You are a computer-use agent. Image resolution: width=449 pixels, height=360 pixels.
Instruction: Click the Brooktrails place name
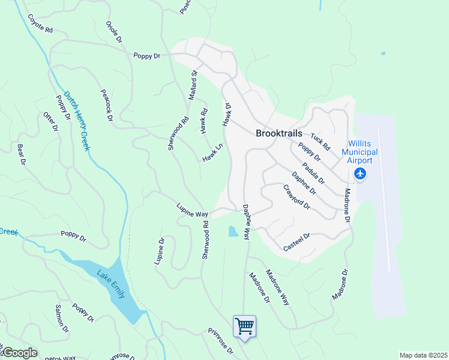pyautogui.click(x=279, y=133)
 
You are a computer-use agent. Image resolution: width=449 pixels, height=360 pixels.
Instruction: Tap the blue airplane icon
pyautogui.click(x=360, y=174)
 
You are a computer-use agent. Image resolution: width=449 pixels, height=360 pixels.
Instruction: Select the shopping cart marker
pyautogui.click(x=244, y=326)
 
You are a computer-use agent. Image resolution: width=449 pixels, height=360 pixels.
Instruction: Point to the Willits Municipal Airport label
pyautogui.click(x=360, y=153)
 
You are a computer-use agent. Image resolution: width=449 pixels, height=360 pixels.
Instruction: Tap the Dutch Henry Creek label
pyautogui.click(x=77, y=120)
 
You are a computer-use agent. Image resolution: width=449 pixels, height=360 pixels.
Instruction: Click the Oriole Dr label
pyautogui.click(x=113, y=34)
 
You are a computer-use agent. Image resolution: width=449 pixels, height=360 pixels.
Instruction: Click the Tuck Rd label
pyautogui.click(x=321, y=142)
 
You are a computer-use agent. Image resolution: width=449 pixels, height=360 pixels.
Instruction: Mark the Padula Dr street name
pyautogui.click(x=313, y=173)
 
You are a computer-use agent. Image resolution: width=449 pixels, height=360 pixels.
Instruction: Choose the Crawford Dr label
pyautogui.click(x=297, y=197)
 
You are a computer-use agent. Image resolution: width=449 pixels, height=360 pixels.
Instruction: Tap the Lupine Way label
pyautogui.click(x=191, y=210)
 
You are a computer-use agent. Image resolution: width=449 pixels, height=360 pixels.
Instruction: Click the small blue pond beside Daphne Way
pyautogui.click(x=233, y=231)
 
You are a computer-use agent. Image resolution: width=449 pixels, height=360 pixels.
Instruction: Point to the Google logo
pyautogui.click(x=19, y=353)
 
